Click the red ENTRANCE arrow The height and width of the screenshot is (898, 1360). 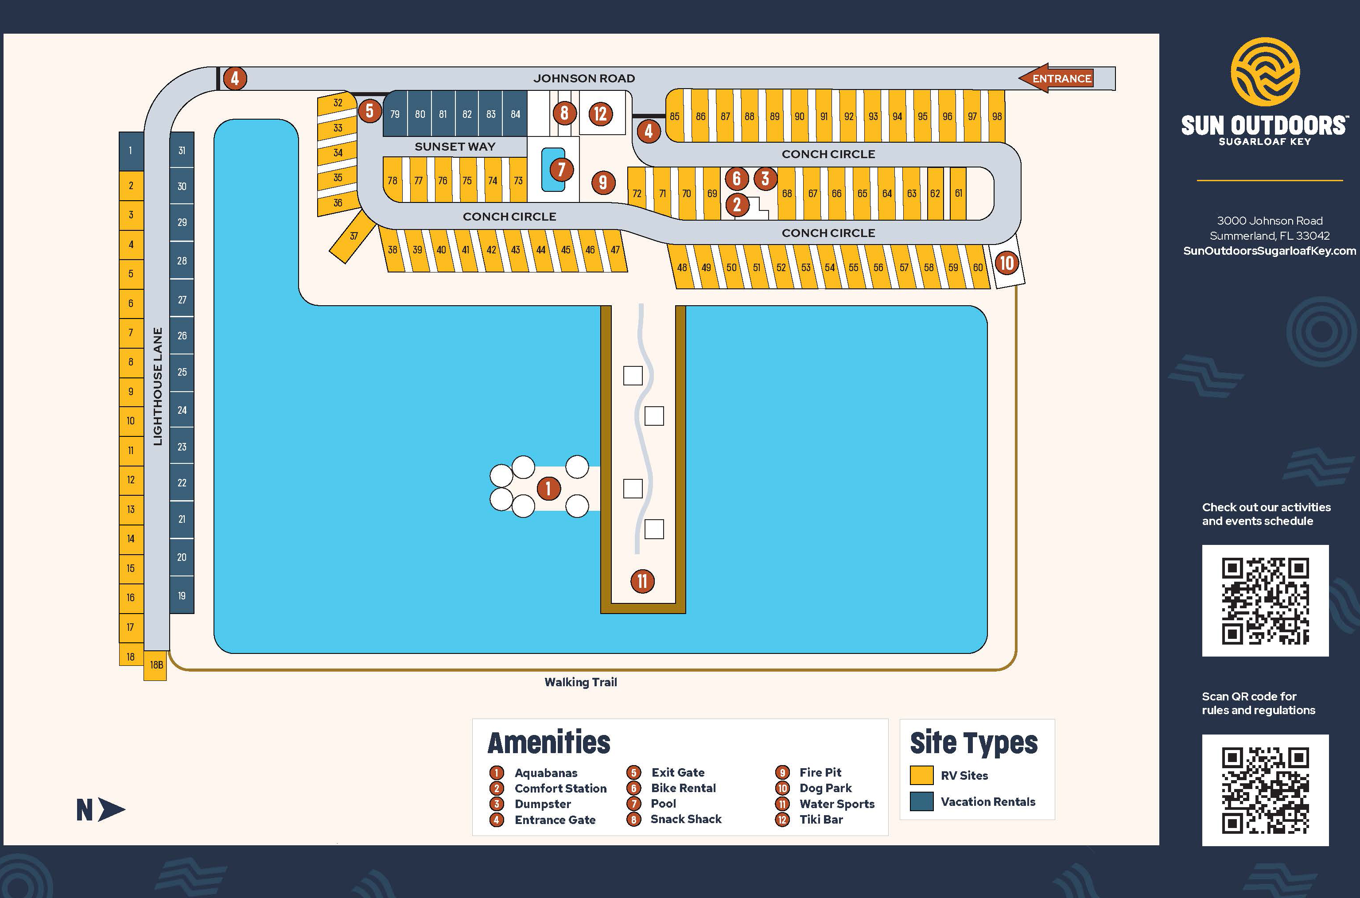pos(1057,78)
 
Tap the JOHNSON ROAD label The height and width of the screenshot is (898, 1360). pos(584,78)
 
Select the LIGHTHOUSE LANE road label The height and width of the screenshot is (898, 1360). pos(157,387)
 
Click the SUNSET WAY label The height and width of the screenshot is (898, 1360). pos(455,147)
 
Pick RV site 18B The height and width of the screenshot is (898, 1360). pos(156,665)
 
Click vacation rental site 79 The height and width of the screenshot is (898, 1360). pos(395,114)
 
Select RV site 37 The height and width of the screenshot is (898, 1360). pos(353,237)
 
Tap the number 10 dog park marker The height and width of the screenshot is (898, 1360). pos(1006,264)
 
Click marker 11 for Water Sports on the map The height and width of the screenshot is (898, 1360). pos(642,581)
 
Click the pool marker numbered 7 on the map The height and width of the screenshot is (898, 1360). pos(561,170)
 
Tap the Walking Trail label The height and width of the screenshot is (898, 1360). pos(581,682)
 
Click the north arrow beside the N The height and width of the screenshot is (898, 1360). pos(111,810)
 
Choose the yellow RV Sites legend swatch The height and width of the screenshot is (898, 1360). pos(921,775)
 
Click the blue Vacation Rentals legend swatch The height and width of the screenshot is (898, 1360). pos(921,802)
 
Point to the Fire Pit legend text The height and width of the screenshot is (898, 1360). pos(820,772)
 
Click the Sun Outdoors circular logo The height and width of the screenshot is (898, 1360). pos(1265,72)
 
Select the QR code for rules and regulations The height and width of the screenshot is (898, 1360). pos(1265,790)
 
